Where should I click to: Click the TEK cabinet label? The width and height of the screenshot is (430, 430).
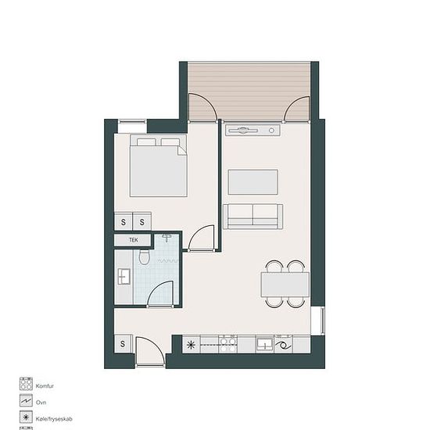[x=134, y=240]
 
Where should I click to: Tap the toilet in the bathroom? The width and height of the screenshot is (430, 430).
[x=145, y=256]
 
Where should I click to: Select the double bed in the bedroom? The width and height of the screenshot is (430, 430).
[x=159, y=166]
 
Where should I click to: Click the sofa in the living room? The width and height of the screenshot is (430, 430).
[x=253, y=217]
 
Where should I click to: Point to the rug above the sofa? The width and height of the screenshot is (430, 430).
[x=253, y=182]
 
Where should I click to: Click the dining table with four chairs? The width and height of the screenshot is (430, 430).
[x=285, y=284]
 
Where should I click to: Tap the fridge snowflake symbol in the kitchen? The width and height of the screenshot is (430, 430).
[x=191, y=345]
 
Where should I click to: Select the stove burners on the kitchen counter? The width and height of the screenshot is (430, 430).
[x=228, y=345]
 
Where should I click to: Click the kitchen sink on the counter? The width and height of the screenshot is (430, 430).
[x=264, y=344]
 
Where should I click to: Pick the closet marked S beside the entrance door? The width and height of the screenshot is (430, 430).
[x=123, y=344]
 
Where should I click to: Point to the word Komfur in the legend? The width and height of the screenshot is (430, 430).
[x=45, y=386]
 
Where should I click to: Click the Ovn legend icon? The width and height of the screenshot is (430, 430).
[x=26, y=400]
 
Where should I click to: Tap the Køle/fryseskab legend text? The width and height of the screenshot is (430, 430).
[x=54, y=419]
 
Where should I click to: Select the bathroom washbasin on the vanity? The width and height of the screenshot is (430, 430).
[x=124, y=277]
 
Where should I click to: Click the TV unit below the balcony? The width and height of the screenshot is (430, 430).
[x=253, y=131]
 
